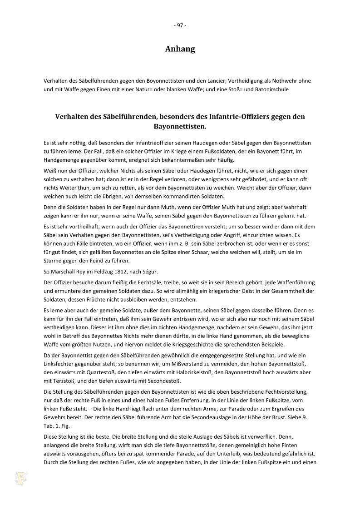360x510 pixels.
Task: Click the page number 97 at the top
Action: (x=180, y=25)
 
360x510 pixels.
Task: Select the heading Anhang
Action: (x=180, y=49)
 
